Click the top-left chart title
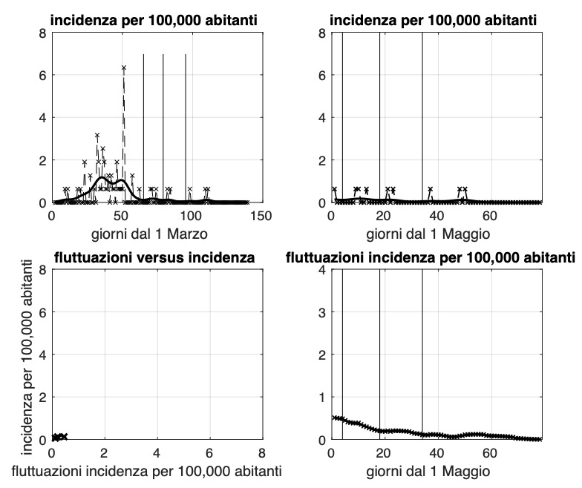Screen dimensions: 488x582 (x=156, y=20)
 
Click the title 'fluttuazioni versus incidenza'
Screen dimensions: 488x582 (x=156, y=257)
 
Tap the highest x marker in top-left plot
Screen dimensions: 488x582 (x=123, y=67)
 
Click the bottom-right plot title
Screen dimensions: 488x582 (x=431, y=257)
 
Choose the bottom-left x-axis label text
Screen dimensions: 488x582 (x=156, y=470)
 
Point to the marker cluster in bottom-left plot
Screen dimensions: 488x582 (x=59, y=437)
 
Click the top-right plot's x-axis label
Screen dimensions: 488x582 (x=436, y=232)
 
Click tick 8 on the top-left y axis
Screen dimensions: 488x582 (x=42, y=33)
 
